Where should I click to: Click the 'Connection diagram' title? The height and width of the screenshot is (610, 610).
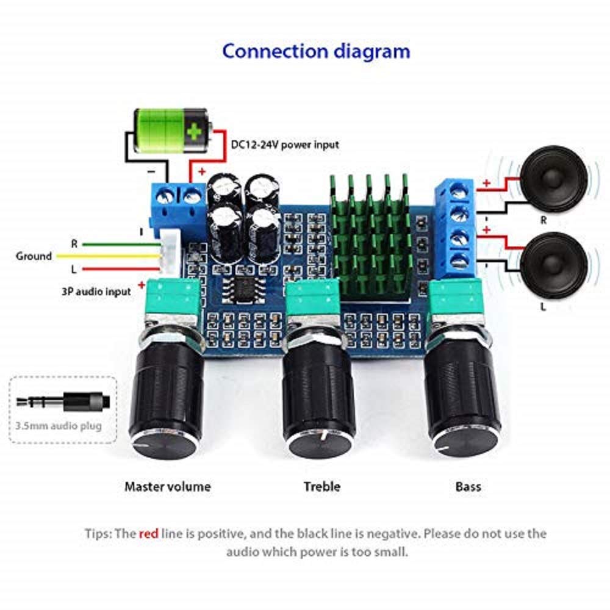pos(316,52)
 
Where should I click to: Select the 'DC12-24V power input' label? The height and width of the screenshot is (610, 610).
pos(285,145)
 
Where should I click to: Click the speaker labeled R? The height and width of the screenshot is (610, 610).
pos(553,179)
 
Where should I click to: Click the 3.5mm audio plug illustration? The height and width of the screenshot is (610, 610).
pos(63,401)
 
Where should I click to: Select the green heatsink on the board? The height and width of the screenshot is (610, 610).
pos(370,238)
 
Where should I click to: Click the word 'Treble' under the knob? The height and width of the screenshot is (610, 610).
pos(321,486)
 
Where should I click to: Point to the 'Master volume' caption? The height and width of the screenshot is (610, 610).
pos(167,486)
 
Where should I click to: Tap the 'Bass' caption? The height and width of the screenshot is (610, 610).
pos(468,486)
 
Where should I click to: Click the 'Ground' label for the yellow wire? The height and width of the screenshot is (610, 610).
pos(34,256)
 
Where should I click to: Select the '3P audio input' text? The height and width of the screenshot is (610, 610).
pos(96,292)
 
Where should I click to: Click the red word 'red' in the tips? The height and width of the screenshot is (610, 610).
pos(149,533)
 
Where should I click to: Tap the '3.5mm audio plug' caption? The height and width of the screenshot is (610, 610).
pos(59,426)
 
